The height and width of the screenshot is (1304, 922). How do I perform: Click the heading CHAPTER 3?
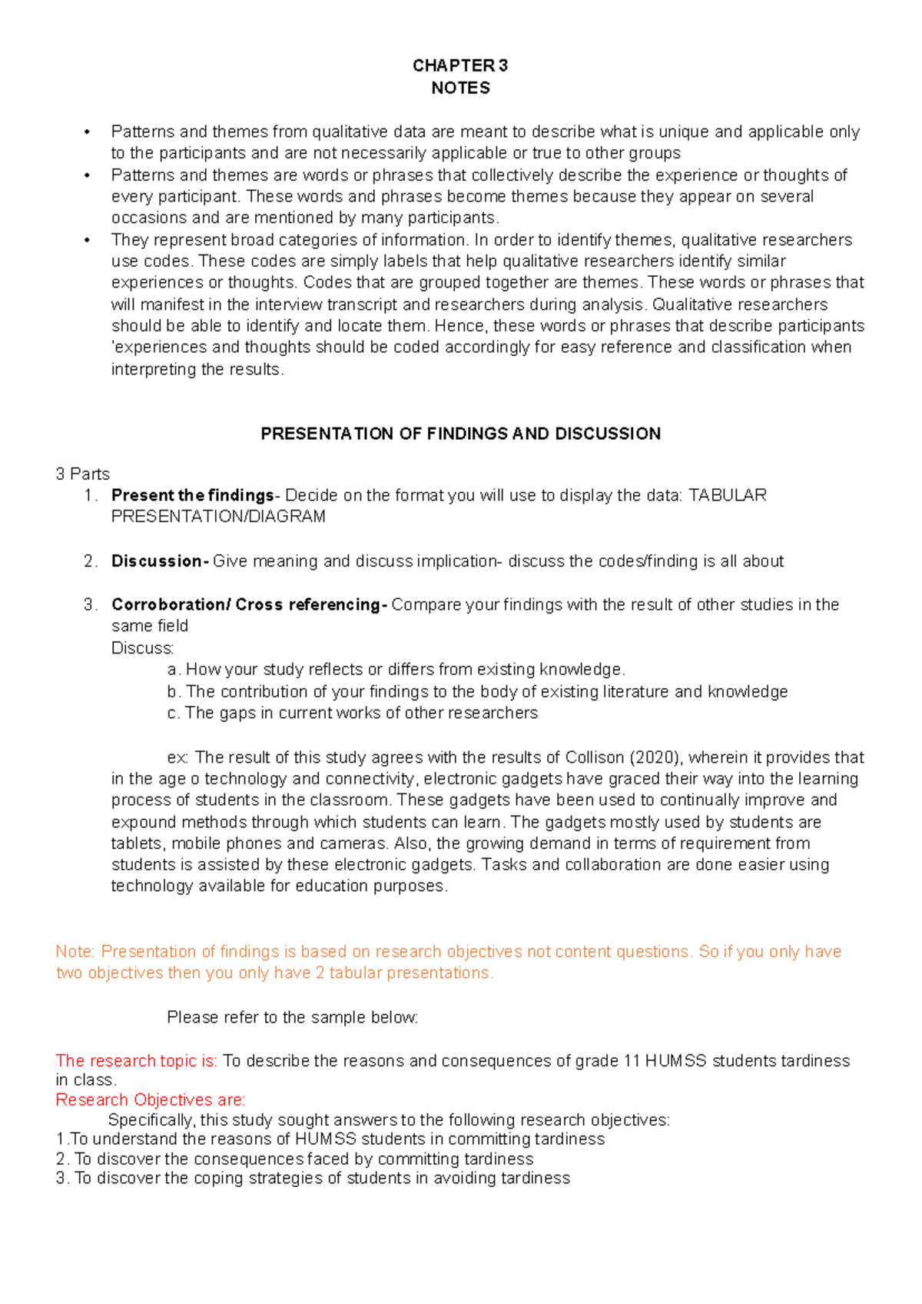[x=459, y=65]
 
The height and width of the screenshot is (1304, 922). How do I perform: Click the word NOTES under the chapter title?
[x=460, y=88]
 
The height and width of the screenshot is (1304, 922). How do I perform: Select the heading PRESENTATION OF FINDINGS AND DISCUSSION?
[x=460, y=434]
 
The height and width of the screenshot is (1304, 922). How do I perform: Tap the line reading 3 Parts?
[x=82, y=474]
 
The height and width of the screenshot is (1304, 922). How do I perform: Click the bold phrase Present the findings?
[x=192, y=495]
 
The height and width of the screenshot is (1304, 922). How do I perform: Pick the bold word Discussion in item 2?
[x=158, y=561]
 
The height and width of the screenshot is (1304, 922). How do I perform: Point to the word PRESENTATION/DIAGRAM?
[x=218, y=517]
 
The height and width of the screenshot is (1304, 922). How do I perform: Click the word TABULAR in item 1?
[x=727, y=495]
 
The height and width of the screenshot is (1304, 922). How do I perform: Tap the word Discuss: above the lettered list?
[x=143, y=648]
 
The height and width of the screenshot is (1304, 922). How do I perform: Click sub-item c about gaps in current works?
[x=352, y=713]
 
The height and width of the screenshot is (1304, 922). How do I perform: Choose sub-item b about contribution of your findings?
[x=476, y=691]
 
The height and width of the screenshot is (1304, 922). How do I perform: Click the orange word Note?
[x=75, y=952]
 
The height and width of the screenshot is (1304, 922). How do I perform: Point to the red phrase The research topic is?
[x=137, y=1061]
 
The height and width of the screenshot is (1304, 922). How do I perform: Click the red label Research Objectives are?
[x=151, y=1099]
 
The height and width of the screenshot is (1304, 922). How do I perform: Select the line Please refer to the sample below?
[x=292, y=1017]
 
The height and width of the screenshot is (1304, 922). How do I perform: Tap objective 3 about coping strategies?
[x=313, y=1178]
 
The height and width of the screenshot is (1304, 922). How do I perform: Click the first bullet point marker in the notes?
[x=88, y=132]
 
